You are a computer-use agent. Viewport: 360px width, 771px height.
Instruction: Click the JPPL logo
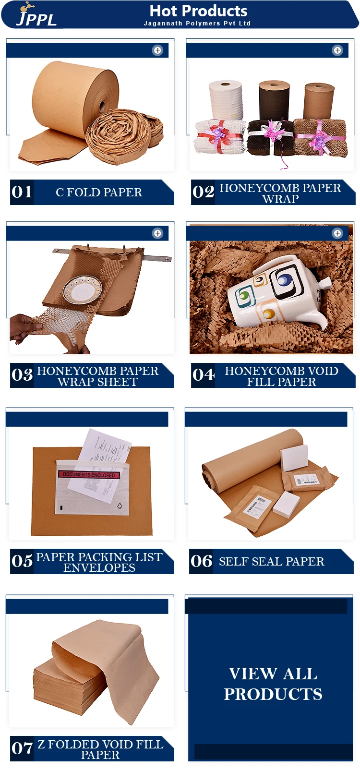[x=36, y=15]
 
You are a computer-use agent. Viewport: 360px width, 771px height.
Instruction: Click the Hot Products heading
[x=198, y=11]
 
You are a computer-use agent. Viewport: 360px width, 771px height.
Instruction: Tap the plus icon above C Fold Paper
[x=157, y=50]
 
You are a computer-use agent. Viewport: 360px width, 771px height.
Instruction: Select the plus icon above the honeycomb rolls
[x=337, y=50]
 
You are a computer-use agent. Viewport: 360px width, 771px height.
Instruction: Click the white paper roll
[x=226, y=100]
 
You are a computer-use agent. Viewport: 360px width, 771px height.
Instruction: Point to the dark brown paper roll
[x=275, y=100]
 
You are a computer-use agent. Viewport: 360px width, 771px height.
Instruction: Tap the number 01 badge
[x=22, y=192]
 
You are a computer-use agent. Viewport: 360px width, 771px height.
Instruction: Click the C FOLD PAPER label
[x=99, y=193]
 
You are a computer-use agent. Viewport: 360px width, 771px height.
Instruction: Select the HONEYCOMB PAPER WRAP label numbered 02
[x=280, y=193]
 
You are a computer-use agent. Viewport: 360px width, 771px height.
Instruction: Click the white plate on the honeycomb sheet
[x=83, y=289]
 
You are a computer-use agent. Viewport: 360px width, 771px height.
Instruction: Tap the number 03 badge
[x=22, y=375]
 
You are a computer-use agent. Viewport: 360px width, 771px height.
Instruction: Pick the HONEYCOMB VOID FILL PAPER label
[x=281, y=376]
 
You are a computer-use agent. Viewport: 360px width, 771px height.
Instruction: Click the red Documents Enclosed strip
[x=89, y=474]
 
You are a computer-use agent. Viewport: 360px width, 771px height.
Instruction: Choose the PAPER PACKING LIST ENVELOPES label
[x=99, y=562]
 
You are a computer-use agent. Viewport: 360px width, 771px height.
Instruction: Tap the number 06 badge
[x=202, y=561]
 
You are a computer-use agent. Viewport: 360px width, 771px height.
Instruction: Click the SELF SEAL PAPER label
[x=271, y=562]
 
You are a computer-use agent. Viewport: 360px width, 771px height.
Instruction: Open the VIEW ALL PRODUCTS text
[x=273, y=684]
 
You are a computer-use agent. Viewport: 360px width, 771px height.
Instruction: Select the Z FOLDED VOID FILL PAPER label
[x=100, y=749]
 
